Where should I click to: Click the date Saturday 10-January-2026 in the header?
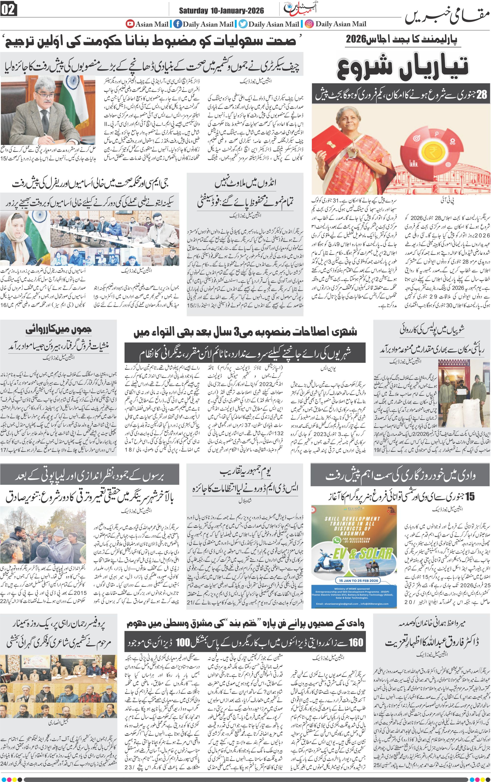click(221, 11)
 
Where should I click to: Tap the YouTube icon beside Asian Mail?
click(130, 24)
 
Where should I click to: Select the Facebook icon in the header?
click(177, 24)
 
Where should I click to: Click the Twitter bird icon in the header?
click(243, 24)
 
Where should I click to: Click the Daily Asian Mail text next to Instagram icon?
click(341, 24)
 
